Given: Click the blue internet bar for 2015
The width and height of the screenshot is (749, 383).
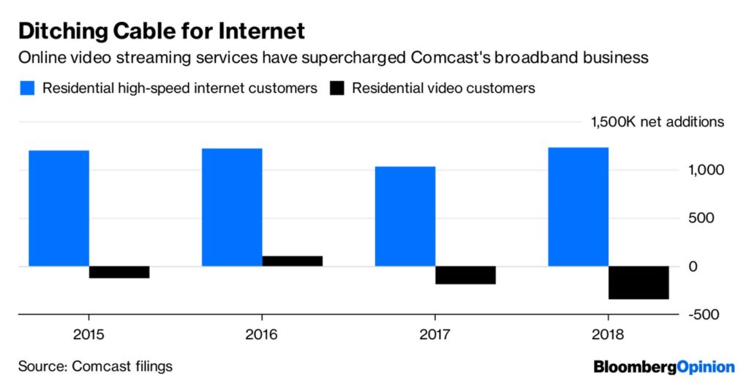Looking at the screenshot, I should (59, 208).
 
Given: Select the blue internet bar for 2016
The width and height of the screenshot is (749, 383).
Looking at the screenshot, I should (232, 208).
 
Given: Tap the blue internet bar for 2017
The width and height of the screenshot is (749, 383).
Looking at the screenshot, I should (404, 216).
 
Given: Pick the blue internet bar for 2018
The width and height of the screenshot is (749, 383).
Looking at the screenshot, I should (578, 207).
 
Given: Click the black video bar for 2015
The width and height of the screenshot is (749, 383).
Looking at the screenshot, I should (119, 272).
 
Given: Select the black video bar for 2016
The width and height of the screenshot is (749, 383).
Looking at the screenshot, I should (292, 261).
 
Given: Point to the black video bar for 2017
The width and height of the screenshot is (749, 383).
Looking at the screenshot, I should (465, 275).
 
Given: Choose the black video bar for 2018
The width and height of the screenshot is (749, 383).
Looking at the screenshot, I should (639, 283).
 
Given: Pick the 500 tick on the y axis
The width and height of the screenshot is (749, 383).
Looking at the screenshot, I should (702, 219).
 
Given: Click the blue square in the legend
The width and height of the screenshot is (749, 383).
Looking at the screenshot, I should (28, 88).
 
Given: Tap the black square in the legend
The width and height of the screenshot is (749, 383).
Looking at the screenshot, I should (337, 88).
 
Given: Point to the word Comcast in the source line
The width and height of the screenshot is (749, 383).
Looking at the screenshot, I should (96, 365).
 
